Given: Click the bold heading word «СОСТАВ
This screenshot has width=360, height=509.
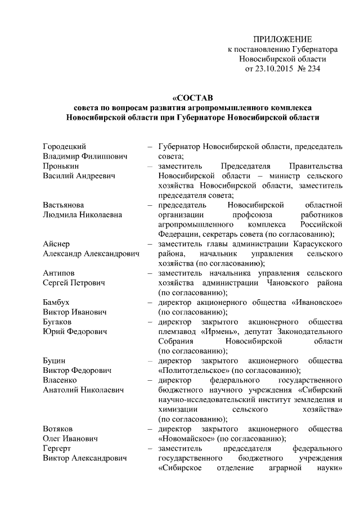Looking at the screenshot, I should (x=191, y=97).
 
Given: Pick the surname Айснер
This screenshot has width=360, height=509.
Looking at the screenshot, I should (x=56, y=244).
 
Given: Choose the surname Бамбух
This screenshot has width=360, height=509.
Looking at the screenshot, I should (x=56, y=303).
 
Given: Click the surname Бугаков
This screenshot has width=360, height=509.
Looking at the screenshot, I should (x=57, y=322).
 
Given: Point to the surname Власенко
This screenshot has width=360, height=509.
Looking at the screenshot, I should (x=59, y=380).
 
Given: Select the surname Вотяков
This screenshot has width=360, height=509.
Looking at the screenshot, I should (x=57, y=429).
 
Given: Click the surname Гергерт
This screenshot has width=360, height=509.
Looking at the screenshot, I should (x=57, y=449).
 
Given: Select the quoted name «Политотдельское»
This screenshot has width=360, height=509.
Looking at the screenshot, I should (x=194, y=371).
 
